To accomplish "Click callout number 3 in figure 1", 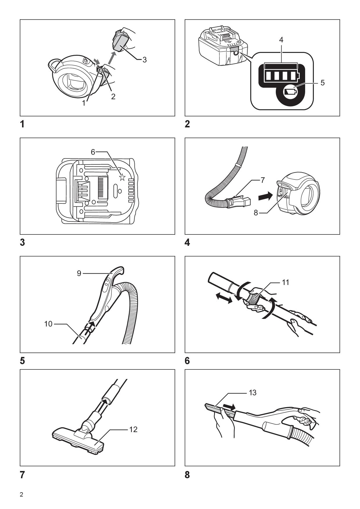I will pyautogui.click(x=144, y=60).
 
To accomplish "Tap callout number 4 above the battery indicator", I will pyautogui.click(x=281, y=40).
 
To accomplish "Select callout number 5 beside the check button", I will pyautogui.click(x=322, y=83).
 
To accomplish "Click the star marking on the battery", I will pyautogui.click(x=122, y=177).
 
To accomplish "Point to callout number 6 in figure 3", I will pyautogui.click(x=93, y=152).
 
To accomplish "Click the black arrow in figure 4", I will pyautogui.click(x=265, y=197).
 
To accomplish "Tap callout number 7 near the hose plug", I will pyautogui.click(x=262, y=180).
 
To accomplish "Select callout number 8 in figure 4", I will pyautogui.click(x=256, y=213).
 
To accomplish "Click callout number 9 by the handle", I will pyautogui.click(x=79, y=273).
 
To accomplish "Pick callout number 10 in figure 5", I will pyautogui.click(x=48, y=324).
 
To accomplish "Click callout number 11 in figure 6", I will pyautogui.click(x=285, y=282).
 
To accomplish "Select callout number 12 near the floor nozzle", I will pyautogui.click(x=133, y=429).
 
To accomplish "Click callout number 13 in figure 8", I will pyautogui.click(x=253, y=393).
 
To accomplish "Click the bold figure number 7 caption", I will pyautogui.click(x=22, y=475).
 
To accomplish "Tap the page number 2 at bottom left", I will pyautogui.click(x=21, y=495).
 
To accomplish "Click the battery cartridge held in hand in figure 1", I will pyautogui.click(x=120, y=42).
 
